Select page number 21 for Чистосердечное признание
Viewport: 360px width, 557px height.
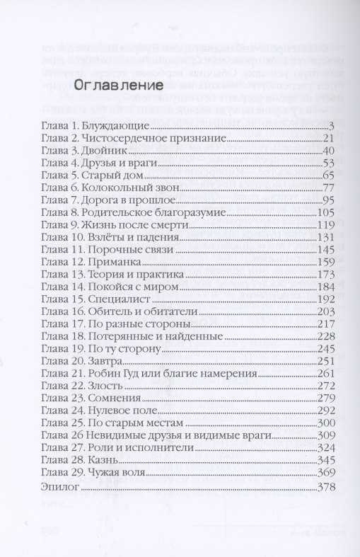tap(327, 139)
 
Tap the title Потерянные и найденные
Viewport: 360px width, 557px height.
tap(156, 336)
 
